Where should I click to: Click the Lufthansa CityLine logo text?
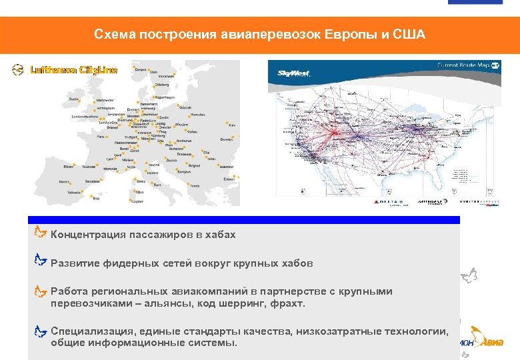pyautogui.click(x=74, y=70)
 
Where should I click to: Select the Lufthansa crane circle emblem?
pyautogui.click(x=19, y=70)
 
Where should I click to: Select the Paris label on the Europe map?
pyautogui.click(x=102, y=137)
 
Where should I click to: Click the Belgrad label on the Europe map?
pyautogui.click(x=193, y=164)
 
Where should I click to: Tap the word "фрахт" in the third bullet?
pyautogui.click(x=287, y=303)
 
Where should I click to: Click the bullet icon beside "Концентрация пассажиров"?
pyautogui.click(x=41, y=233)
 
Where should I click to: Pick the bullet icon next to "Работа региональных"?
pyautogui.click(x=41, y=291)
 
